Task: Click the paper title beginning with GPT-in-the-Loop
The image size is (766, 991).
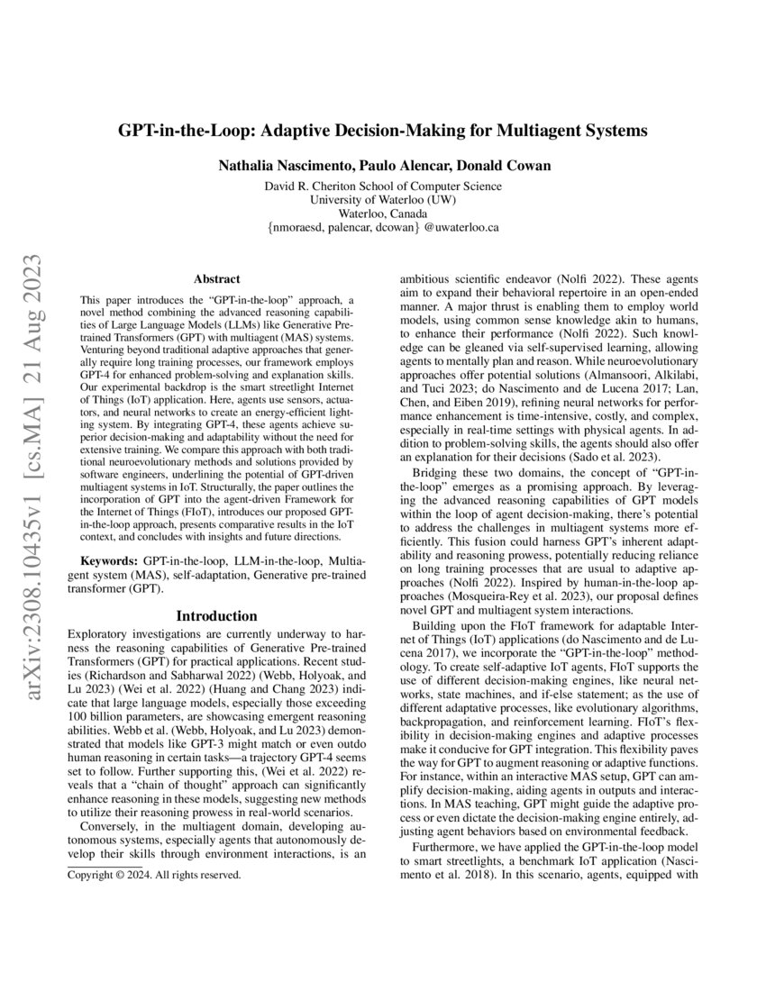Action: click(x=383, y=130)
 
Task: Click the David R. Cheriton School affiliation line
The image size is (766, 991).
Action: click(x=383, y=186)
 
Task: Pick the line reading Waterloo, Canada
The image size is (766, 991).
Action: click(x=383, y=214)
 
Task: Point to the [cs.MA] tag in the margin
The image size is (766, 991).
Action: click(x=27, y=372)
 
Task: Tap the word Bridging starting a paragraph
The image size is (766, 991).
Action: click(x=438, y=473)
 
